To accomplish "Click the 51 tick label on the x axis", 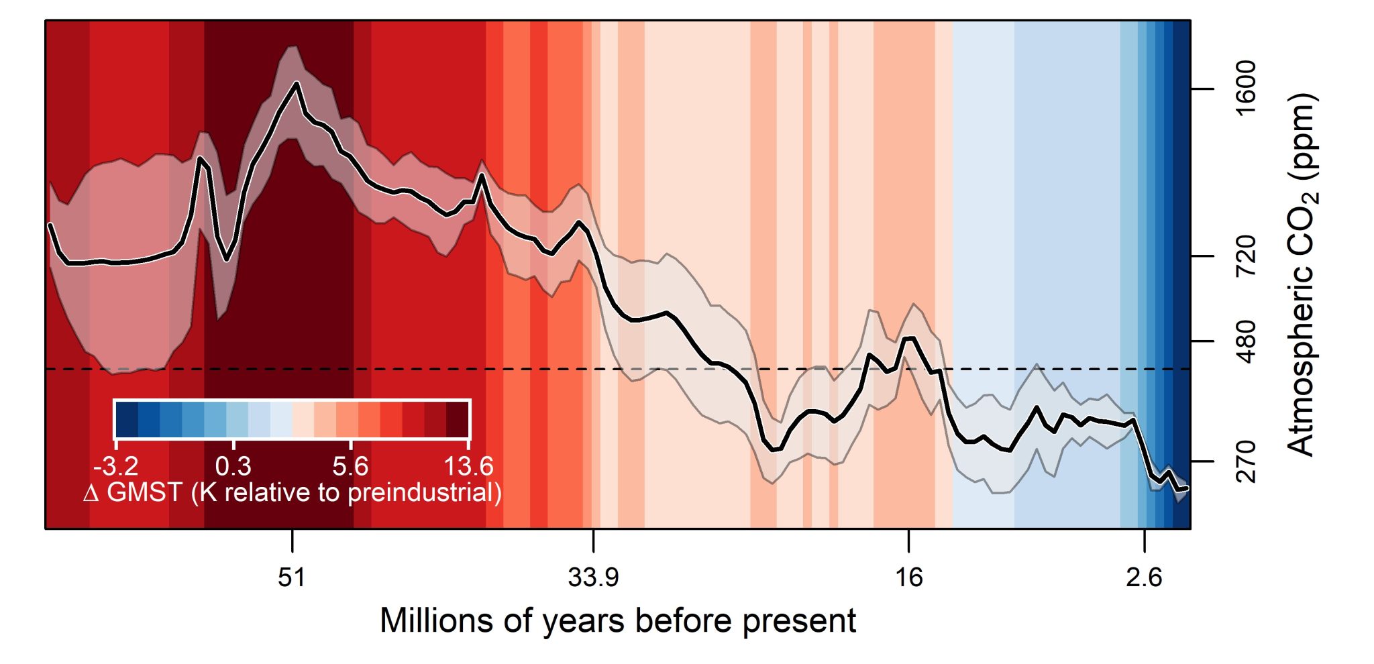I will (x=292, y=577).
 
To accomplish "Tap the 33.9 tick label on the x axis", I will (x=593, y=577).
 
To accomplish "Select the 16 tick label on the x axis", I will (x=908, y=577).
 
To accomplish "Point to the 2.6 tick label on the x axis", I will (x=1144, y=577).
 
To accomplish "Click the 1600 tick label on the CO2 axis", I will (x=1246, y=89).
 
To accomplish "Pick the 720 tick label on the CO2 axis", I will (x=1246, y=256).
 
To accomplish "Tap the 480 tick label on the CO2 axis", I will (x=1246, y=341).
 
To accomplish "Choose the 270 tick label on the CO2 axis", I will (x=1246, y=461).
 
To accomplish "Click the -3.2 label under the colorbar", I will (x=116, y=465).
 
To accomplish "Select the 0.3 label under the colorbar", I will (x=233, y=465).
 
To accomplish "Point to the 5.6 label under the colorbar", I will (x=350, y=465).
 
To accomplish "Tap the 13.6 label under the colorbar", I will (x=468, y=465).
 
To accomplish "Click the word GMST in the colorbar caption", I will (x=144, y=493).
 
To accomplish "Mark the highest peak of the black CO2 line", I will (x=296, y=83).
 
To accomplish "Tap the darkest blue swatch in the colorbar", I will (x=127, y=419).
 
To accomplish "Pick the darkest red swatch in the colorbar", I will (x=458, y=419).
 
